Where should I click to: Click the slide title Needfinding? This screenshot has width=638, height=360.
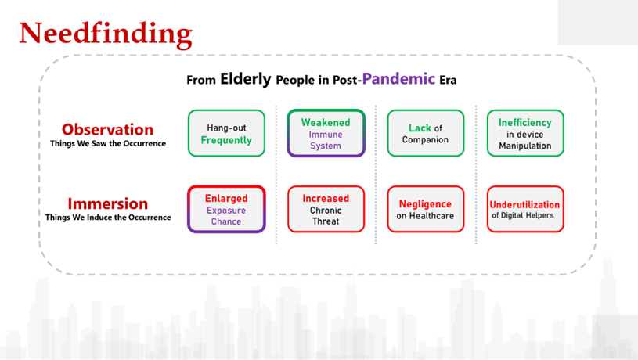(x=105, y=33)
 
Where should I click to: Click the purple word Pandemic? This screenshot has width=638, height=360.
(x=398, y=79)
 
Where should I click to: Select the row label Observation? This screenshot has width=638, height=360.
(x=107, y=129)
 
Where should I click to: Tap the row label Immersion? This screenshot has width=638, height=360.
(x=107, y=204)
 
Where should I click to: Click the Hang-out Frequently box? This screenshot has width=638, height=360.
(x=226, y=133)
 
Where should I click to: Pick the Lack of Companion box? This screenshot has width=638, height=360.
(x=426, y=133)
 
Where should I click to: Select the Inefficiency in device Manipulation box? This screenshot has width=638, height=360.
(x=525, y=133)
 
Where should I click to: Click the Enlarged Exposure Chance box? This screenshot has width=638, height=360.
(x=226, y=209)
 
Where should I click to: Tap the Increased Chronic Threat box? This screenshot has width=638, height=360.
(x=326, y=209)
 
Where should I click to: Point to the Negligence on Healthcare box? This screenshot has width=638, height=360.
(x=426, y=209)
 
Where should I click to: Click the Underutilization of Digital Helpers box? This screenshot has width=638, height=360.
(x=525, y=209)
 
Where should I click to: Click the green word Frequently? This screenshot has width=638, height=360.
(x=226, y=141)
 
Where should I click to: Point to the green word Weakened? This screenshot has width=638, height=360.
(x=326, y=123)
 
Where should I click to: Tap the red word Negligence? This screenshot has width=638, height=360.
(x=426, y=204)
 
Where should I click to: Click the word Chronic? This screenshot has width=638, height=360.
(x=326, y=210)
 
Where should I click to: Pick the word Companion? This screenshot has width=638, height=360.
(x=426, y=140)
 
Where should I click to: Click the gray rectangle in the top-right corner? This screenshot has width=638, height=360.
(x=597, y=22)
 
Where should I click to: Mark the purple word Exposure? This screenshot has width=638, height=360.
(x=226, y=210)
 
